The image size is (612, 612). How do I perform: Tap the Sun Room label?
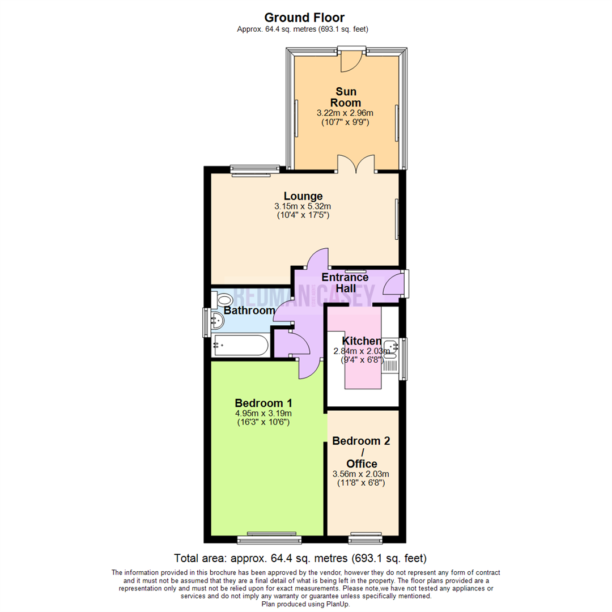coord(347,97)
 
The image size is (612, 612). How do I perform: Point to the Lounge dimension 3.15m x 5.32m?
coord(303,206)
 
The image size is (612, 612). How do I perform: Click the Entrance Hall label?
coord(345,283)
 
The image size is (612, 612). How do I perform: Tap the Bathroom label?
coord(249,311)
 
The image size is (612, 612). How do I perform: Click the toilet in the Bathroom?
coord(222,300)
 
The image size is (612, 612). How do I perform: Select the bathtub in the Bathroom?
coord(240,345)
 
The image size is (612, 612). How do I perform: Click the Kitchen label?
coord(361,341)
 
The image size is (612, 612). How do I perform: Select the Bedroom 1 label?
coord(263,403)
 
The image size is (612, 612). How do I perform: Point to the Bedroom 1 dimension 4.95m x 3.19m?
coord(263,413)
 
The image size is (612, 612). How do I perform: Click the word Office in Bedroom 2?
coord(362,464)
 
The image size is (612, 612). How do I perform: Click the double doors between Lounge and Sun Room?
coord(356,164)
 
